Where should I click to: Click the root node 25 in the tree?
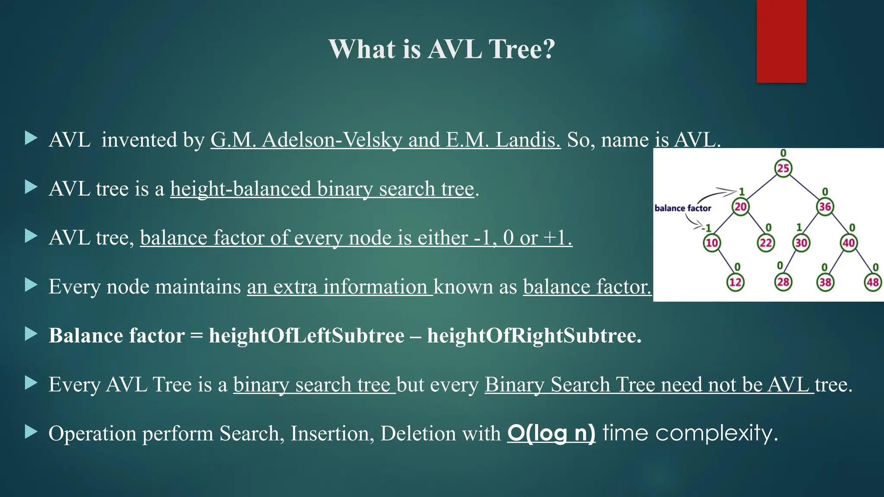click(x=783, y=168)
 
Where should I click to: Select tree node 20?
click(x=741, y=207)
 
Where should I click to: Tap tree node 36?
click(x=825, y=207)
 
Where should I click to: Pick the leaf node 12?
click(x=735, y=282)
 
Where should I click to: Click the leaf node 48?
click(x=873, y=282)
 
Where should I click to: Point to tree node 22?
click(x=766, y=243)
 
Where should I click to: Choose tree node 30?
click(x=801, y=243)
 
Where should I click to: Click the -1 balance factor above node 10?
click(x=707, y=228)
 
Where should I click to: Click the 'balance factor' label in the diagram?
click(x=682, y=208)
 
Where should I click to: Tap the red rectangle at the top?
click(x=781, y=41)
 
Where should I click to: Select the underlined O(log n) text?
click(x=551, y=433)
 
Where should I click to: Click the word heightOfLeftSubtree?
click(x=306, y=336)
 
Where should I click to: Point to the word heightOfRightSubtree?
click(x=534, y=336)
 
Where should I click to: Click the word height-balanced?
click(x=240, y=189)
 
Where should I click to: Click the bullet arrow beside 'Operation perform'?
click(x=31, y=431)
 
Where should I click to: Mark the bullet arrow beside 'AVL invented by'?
click(x=31, y=138)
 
